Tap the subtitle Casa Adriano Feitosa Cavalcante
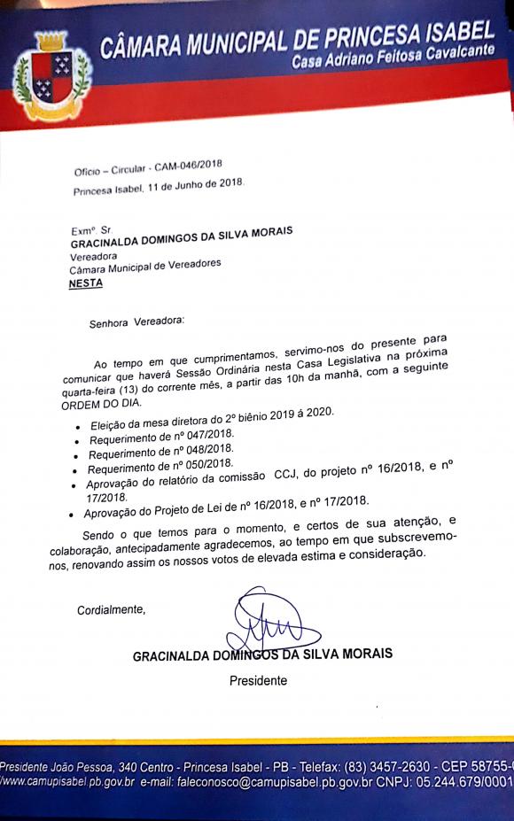tap(393, 64)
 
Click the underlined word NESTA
tap(86, 283)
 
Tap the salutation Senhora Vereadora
tap(139, 323)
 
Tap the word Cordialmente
tap(111, 610)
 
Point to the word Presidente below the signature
tap(259, 681)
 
